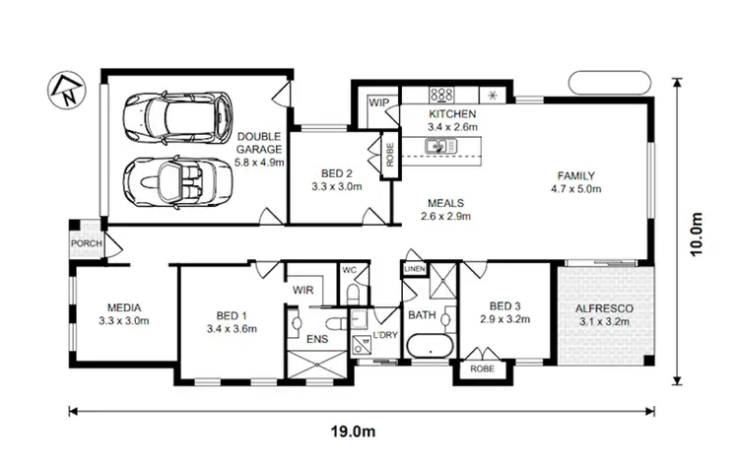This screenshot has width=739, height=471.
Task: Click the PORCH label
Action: (x=85, y=243)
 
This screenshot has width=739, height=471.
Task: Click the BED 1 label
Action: (x=232, y=316)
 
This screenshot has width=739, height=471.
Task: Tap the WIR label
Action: (x=303, y=290)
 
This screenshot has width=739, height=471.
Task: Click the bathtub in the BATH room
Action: (x=429, y=348)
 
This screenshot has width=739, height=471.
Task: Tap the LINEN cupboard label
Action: (x=415, y=269)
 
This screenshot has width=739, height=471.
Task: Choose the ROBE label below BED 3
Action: (x=482, y=369)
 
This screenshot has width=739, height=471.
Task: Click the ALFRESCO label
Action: (x=605, y=308)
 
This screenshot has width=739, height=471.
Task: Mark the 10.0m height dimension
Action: (x=699, y=235)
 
